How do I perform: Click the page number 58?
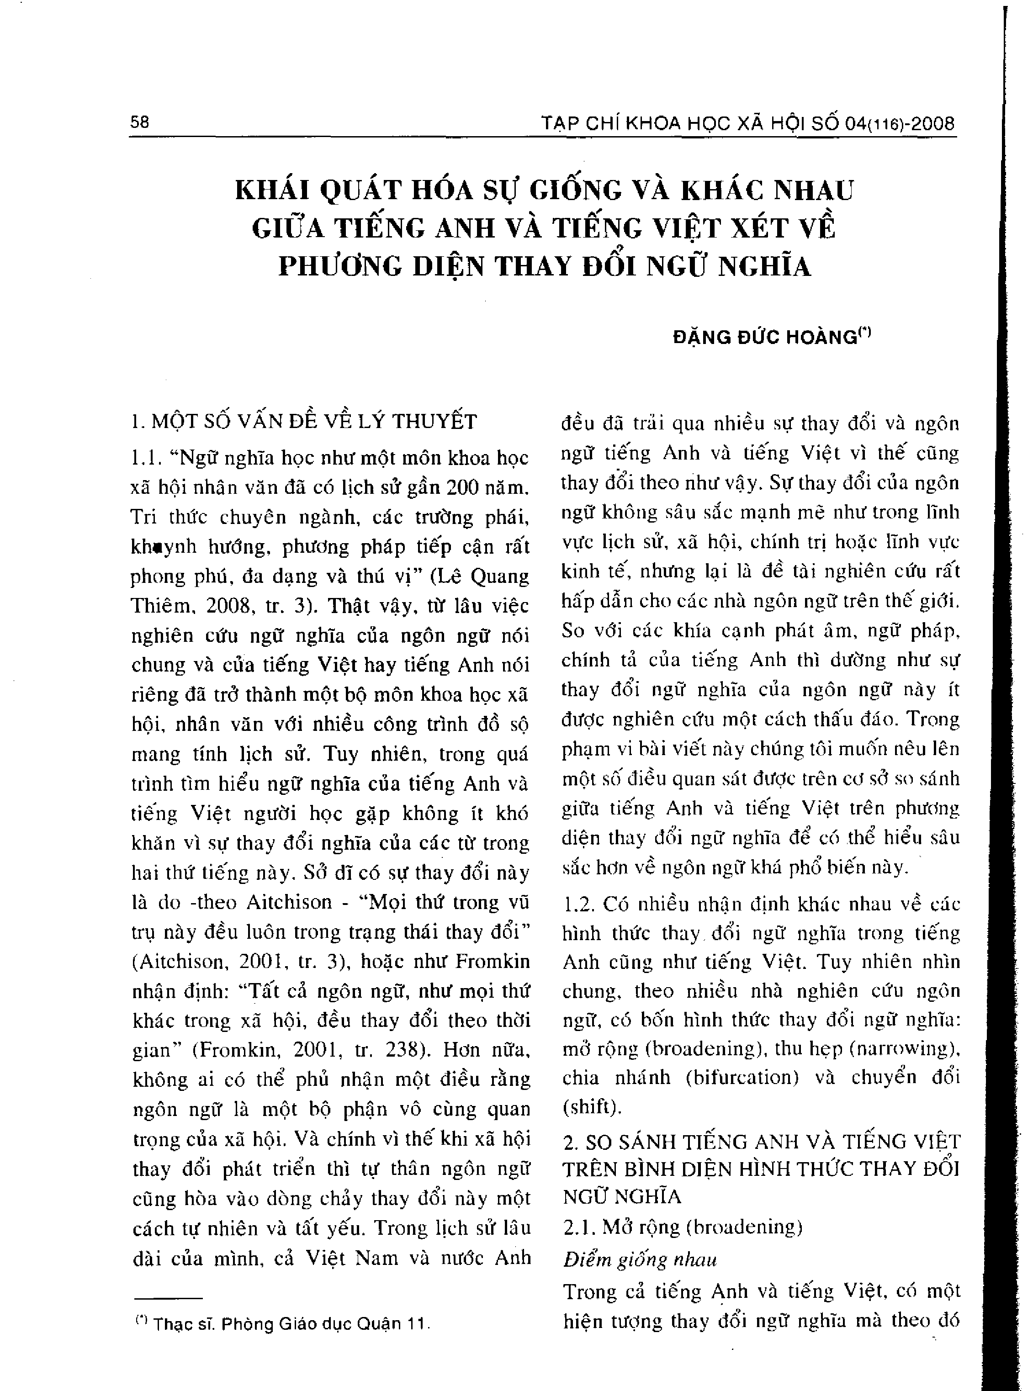(x=139, y=122)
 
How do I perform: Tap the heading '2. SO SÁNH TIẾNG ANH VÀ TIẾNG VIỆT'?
(x=761, y=1142)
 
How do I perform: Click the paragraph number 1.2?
(x=578, y=904)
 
